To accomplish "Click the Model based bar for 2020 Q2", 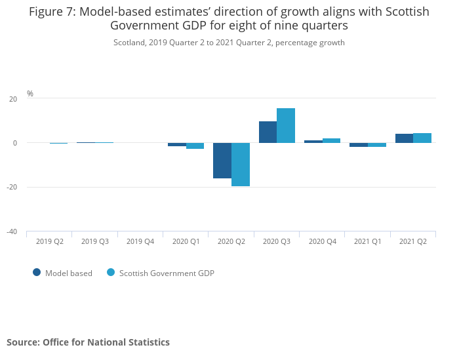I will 222,161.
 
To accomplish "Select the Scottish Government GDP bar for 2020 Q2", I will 241,165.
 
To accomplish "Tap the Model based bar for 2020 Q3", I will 268,132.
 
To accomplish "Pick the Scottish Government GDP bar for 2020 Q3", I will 286,125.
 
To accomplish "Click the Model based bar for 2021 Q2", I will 404,138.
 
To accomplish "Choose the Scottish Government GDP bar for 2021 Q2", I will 422,138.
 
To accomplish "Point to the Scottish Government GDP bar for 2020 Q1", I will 195,146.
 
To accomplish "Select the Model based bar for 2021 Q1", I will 359,145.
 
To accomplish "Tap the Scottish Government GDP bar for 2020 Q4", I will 331,140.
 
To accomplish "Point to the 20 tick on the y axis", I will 13,99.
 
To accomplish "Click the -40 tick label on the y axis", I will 12,231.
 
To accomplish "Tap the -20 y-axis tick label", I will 12,187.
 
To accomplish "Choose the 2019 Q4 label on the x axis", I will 140,241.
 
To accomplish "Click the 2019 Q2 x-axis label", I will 50,241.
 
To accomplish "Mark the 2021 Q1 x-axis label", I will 368,241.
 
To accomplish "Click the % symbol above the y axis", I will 30,94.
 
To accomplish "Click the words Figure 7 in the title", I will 52,12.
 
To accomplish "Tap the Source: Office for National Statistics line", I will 88,342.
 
